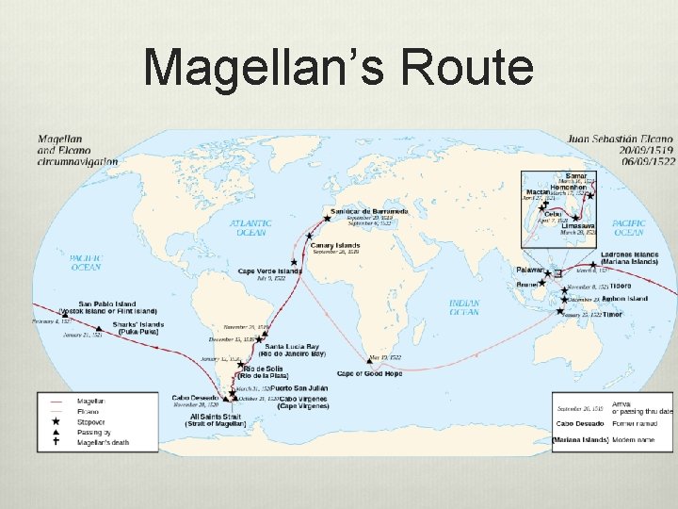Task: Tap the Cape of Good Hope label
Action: point(369,374)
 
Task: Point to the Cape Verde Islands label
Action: point(270,271)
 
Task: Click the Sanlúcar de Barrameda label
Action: point(369,210)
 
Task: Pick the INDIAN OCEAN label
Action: point(464,308)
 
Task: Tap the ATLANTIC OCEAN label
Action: point(250,228)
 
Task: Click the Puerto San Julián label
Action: point(299,388)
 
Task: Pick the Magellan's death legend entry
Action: point(103,441)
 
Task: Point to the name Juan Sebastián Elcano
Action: point(621,138)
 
